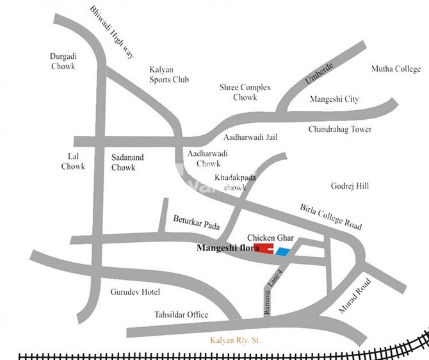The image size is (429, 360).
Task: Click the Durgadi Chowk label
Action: [x=63, y=61]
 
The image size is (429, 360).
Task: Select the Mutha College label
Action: [x=396, y=69]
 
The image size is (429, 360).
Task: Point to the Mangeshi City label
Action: [x=334, y=99]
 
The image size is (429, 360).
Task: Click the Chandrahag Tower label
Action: [x=339, y=129]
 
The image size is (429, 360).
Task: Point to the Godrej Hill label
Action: [x=350, y=186]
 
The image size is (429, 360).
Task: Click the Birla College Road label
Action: [x=330, y=217]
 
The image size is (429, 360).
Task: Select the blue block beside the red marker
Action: [x=282, y=251]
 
